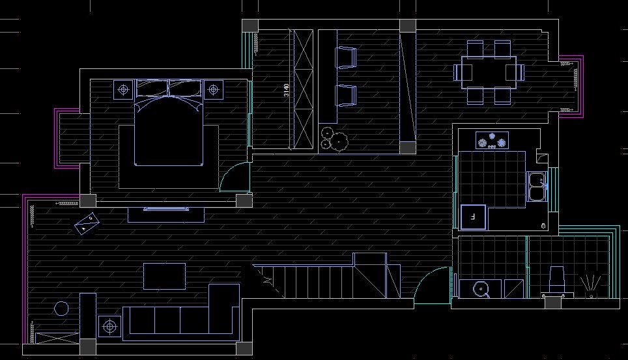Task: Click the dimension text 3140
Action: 286,90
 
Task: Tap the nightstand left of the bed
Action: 123,89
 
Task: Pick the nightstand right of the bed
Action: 213,89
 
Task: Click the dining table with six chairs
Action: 489,72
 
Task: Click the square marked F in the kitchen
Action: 473,217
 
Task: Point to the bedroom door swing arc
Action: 231,177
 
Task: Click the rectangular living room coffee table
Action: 165,275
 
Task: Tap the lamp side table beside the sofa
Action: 109,325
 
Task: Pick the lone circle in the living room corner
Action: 61,308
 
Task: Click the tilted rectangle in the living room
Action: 87,223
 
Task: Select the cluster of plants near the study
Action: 335,139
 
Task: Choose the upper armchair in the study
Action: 345,58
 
